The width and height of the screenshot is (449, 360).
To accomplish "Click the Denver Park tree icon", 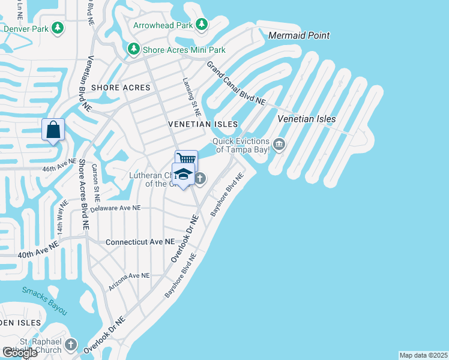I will pos(58,28).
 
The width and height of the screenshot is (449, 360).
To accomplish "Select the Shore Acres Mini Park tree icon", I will pos(133,49).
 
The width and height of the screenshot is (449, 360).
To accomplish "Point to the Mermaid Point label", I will pos(299,36).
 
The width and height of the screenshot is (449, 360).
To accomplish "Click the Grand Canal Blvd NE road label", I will pos(236,83).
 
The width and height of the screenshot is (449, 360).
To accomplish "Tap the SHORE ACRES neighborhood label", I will pos(120,88).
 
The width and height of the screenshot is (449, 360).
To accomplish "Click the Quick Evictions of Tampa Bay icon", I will pos(279,144).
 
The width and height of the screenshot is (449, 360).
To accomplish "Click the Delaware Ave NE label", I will pos(115,208).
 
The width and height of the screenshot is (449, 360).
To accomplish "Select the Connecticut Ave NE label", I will pos(140,242).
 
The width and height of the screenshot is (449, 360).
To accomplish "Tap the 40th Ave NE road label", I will pos(38,250).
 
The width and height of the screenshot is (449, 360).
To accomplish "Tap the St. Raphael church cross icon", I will pos(71,345).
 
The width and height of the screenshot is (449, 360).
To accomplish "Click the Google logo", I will pos(20,352).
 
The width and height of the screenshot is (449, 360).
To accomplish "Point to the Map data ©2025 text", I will pos(424,355).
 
